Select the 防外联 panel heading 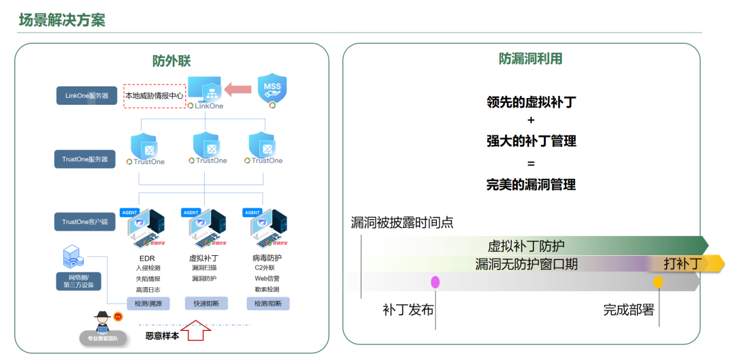[171, 61]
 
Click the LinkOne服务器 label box [86, 95]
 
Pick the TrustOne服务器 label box [85, 160]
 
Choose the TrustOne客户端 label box [85, 221]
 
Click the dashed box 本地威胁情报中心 [154, 96]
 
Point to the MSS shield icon [272, 90]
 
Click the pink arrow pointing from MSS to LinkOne [238, 88]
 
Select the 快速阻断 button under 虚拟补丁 [206, 304]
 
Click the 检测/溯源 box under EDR [148, 304]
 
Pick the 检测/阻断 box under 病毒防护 [267, 304]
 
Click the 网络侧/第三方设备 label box [78, 280]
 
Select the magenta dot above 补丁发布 [435, 282]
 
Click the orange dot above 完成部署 [657, 282]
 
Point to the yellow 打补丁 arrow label [683, 264]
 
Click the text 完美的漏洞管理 [531, 184]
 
